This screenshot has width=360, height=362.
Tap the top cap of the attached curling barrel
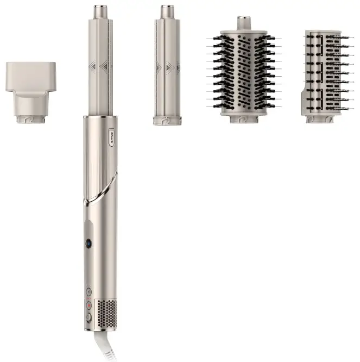[100, 10]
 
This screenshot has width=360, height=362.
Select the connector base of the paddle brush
[321, 118]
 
